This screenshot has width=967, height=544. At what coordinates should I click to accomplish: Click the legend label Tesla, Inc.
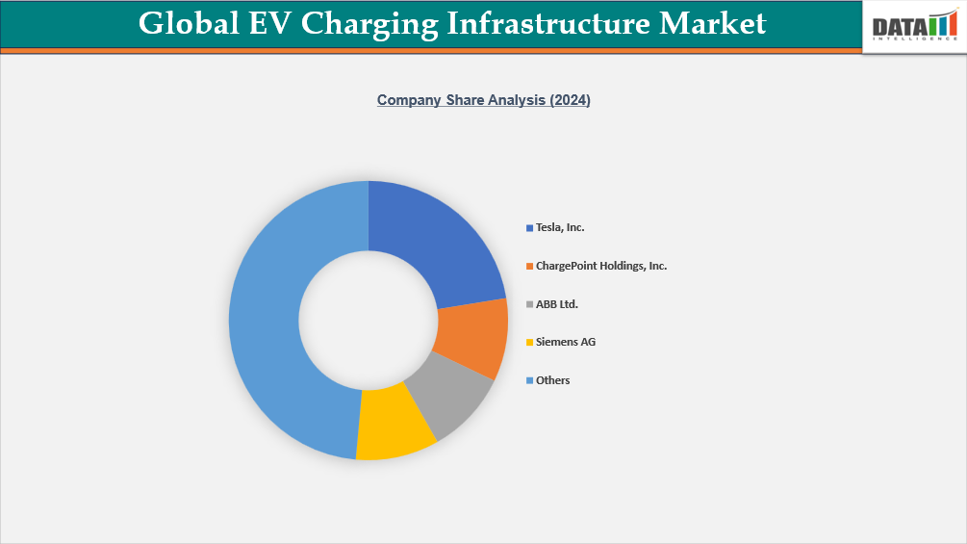coord(560,228)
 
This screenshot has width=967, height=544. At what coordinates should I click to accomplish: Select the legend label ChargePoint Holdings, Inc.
coord(600,266)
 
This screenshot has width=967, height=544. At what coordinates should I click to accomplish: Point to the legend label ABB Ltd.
coord(556,304)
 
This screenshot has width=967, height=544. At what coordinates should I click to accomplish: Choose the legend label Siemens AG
coord(566,342)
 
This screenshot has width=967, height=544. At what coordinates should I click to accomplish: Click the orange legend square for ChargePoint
coord(529,267)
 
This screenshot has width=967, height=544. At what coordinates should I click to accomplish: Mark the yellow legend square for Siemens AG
coord(529,343)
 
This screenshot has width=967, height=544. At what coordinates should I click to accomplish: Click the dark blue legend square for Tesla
coord(529,228)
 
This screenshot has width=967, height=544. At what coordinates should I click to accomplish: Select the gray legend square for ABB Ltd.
coord(529,305)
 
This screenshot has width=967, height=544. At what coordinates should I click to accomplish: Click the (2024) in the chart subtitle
coord(570,100)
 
